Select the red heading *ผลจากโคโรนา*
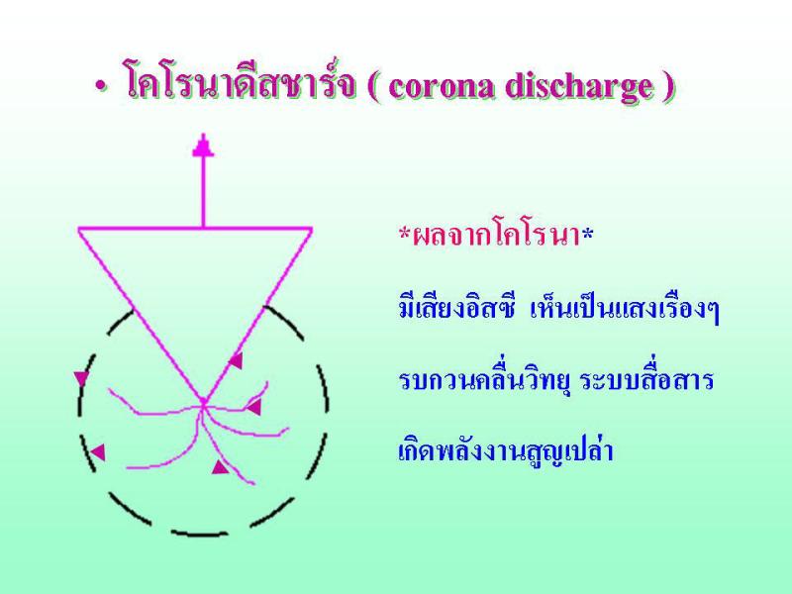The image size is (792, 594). coord(496,236)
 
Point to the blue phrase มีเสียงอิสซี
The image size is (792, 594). coord(456,307)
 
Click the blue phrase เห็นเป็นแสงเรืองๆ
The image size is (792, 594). coord(625,308)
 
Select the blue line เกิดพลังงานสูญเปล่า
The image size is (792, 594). coord(506,450)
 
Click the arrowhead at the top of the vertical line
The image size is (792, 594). coord(204,146)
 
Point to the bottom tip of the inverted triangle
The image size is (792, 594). coord(203,403)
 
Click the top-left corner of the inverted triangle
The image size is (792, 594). coord(79,230)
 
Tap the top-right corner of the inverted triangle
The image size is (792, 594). coord(311,229)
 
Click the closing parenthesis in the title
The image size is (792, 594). coord(668,87)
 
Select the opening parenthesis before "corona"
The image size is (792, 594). coord(374,87)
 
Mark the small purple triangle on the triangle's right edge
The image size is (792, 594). coord(237,359)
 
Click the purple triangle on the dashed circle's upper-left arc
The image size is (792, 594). coord(81,378)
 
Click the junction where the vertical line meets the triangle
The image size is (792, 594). coord(204,229)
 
